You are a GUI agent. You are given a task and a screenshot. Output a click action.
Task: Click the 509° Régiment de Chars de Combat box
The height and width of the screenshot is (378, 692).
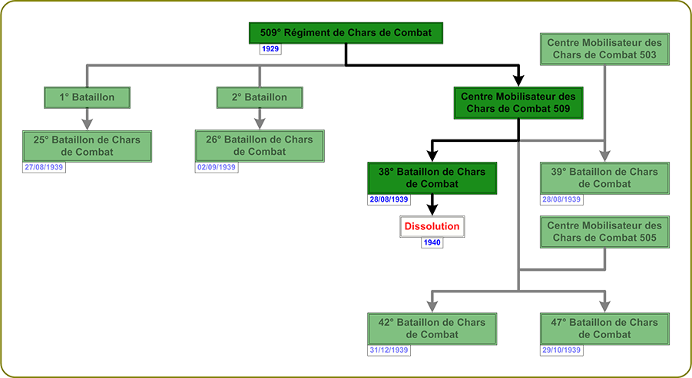click(x=346, y=34)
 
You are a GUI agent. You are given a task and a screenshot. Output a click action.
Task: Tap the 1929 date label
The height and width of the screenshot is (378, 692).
click(x=270, y=49)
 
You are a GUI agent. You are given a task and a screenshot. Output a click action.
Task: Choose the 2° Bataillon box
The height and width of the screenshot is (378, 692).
click(x=260, y=97)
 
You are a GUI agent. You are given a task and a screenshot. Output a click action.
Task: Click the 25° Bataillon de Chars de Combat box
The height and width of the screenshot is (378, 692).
click(x=87, y=146)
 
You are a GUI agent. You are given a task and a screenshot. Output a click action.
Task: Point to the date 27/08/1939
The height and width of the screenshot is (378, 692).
click(x=45, y=166)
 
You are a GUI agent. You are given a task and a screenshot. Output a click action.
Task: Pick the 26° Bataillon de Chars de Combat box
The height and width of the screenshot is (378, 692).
click(x=260, y=146)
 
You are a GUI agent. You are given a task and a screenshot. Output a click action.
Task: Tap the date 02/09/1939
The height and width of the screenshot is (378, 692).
click(x=217, y=166)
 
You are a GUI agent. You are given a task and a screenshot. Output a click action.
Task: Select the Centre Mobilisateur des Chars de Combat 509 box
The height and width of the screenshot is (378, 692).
click(x=518, y=104)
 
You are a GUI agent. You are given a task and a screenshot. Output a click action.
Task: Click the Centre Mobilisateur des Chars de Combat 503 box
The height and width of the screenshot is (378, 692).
click(x=604, y=50)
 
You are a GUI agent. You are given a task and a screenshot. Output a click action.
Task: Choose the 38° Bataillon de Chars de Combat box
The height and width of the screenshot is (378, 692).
click(x=431, y=178)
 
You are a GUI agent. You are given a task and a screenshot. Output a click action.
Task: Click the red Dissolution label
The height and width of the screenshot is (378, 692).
click(x=432, y=227)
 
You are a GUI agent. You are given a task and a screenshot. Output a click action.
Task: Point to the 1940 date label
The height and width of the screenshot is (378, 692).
click(x=432, y=243)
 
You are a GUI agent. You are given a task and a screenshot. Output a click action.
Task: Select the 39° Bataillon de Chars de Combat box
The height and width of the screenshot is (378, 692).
click(x=604, y=178)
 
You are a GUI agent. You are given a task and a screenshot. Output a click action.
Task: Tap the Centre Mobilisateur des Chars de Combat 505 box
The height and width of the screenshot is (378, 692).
click(x=604, y=232)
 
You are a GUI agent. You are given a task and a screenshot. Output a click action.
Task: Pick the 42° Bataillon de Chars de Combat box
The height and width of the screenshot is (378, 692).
click(x=431, y=328)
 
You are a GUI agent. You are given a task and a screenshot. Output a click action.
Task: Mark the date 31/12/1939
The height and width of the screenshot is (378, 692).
click(x=389, y=350)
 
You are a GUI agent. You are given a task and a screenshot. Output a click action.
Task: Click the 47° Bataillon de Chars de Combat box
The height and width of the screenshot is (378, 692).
click(x=604, y=328)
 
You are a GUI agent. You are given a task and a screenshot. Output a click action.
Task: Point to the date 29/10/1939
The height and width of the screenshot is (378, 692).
click(x=561, y=350)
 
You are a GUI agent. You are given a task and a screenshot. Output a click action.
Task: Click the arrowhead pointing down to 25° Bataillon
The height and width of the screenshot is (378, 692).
click(x=87, y=121)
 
